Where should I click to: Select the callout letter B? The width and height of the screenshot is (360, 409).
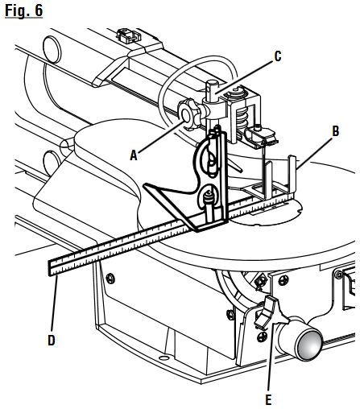tap(335, 129)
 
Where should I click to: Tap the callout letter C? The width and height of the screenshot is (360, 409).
tap(277, 56)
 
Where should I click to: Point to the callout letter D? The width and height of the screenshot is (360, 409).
tap(52, 340)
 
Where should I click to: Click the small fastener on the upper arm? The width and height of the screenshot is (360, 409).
tap(124, 36)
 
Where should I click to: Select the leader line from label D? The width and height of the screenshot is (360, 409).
tap(53, 306)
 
